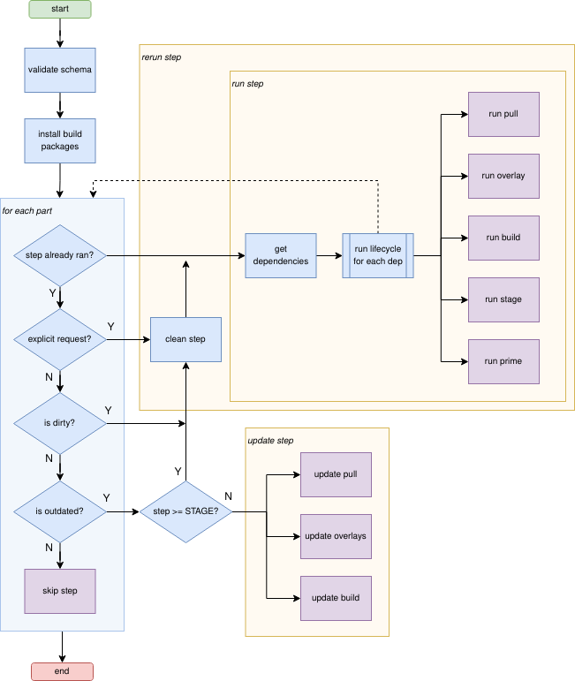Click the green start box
click(60, 9)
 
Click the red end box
click(62, 671)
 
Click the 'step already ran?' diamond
click(60, 255)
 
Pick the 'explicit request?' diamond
click(60, 339)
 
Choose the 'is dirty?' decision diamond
click(60, 423)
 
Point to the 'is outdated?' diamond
click(60, 511)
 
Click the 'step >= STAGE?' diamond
click(186, 511)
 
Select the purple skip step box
click(60, 591)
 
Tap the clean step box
click(185, 339)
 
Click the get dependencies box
click(281, 255)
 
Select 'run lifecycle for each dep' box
click(378, 255)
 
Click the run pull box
click(503, 114)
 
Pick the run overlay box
click(503, 176)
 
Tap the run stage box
click(503, 299)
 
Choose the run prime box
click(503, 361)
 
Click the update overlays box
click(336, 536)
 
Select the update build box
click(336, 598)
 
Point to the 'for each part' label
click(27, 210)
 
